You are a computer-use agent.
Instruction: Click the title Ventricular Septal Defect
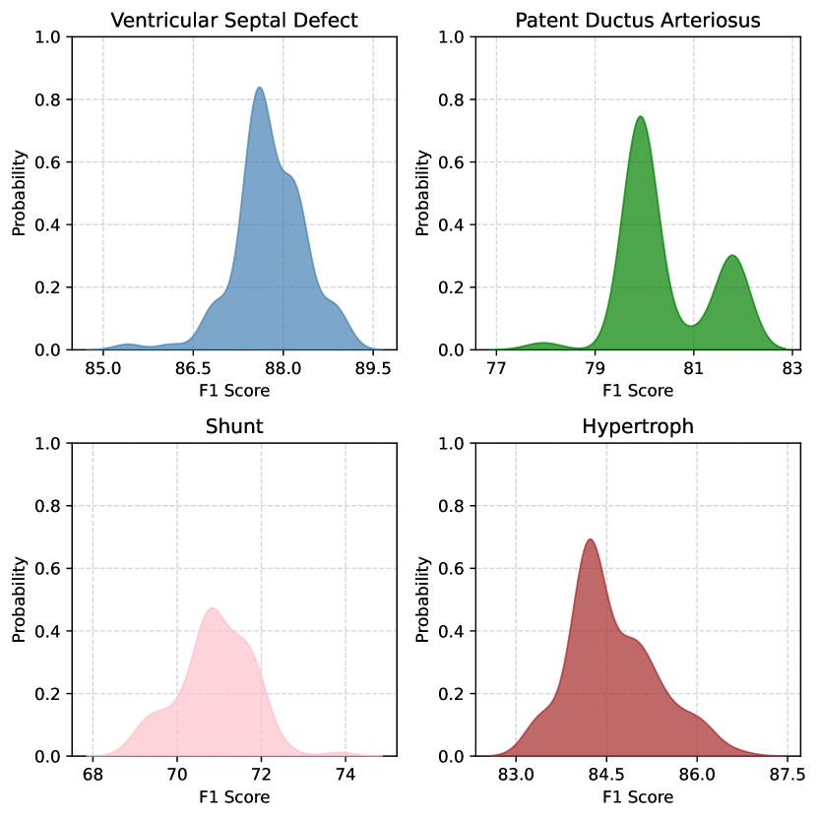point(234,20)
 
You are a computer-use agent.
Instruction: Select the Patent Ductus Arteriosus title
point(638,20)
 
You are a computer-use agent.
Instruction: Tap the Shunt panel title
point(234,427)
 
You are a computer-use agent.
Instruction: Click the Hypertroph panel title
point(638,427)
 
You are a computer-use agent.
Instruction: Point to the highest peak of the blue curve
point(259,88)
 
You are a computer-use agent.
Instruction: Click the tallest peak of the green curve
point(641,117)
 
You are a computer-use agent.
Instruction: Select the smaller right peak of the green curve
point(731,256)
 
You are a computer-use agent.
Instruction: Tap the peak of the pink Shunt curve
point(212,608)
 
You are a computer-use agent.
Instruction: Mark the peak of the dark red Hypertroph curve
point(590,539)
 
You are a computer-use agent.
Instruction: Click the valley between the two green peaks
point(692,325)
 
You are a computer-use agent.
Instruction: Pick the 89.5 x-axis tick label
point(373,368)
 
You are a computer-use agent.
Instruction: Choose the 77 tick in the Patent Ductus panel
point(496,368)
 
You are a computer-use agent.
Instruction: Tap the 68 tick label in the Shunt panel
point(93,775)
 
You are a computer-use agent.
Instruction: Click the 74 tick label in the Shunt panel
point(346,775)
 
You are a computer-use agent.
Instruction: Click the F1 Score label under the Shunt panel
point(234,796)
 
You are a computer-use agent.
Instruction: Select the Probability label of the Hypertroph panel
point(423,600)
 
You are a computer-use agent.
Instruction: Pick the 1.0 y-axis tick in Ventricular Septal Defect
point(48,37)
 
